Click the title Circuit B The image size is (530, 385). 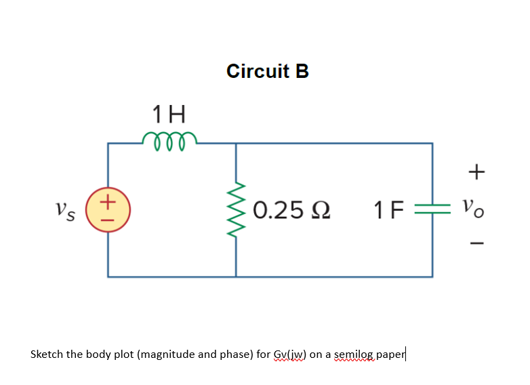click(268, 71)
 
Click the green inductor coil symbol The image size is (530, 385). click(169, 138)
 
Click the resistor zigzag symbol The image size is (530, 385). click(236, 210)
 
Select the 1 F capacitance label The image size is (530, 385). click(388, 210)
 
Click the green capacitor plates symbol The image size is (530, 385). click(432, 210)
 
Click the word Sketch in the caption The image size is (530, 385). click(47, 354)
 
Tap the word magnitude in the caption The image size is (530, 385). click(167, 354)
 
